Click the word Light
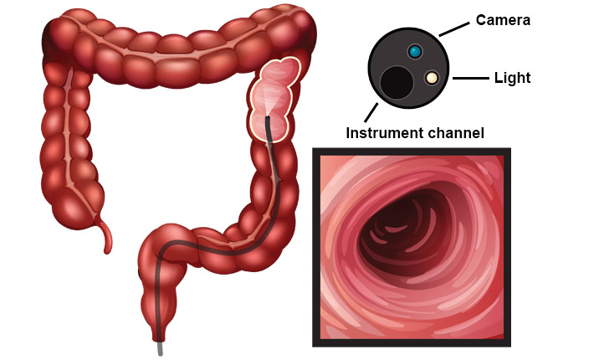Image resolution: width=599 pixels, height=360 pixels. coord(513,78)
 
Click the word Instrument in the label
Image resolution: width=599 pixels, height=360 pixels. coord(385,132)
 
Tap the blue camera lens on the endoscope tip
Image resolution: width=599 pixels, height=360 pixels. coord(414,53)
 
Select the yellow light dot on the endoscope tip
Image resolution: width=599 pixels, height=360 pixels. coord(432,78)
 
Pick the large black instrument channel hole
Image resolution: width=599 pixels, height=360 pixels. coord(397,83)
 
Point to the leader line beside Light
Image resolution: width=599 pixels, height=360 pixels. coord(470,79)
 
